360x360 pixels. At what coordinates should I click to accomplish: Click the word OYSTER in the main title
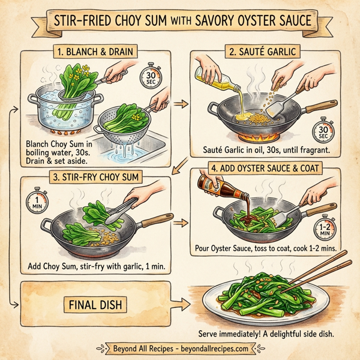238,22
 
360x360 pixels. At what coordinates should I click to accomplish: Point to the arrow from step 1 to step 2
179,104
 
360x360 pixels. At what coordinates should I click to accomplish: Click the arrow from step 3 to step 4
179,223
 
